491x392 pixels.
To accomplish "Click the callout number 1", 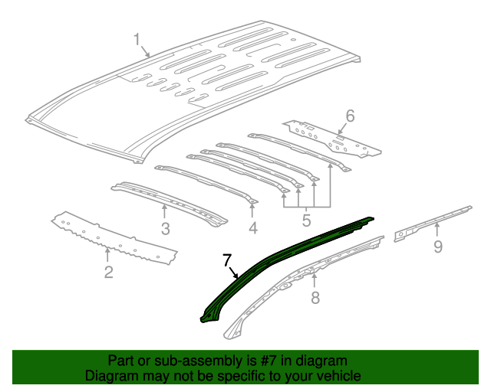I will (137, 39).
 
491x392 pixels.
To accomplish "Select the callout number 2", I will (108, 272).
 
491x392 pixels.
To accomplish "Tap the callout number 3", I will (165, 228).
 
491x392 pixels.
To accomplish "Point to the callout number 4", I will (253, 228).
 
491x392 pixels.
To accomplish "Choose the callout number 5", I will (306, 222).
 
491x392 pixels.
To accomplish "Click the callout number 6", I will (350, 116).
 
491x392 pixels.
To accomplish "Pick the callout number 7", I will (226, 260).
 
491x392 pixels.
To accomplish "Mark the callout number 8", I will (315, 298).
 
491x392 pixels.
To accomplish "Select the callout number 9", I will (437, 246).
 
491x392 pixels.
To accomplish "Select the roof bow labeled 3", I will (169, 201).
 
